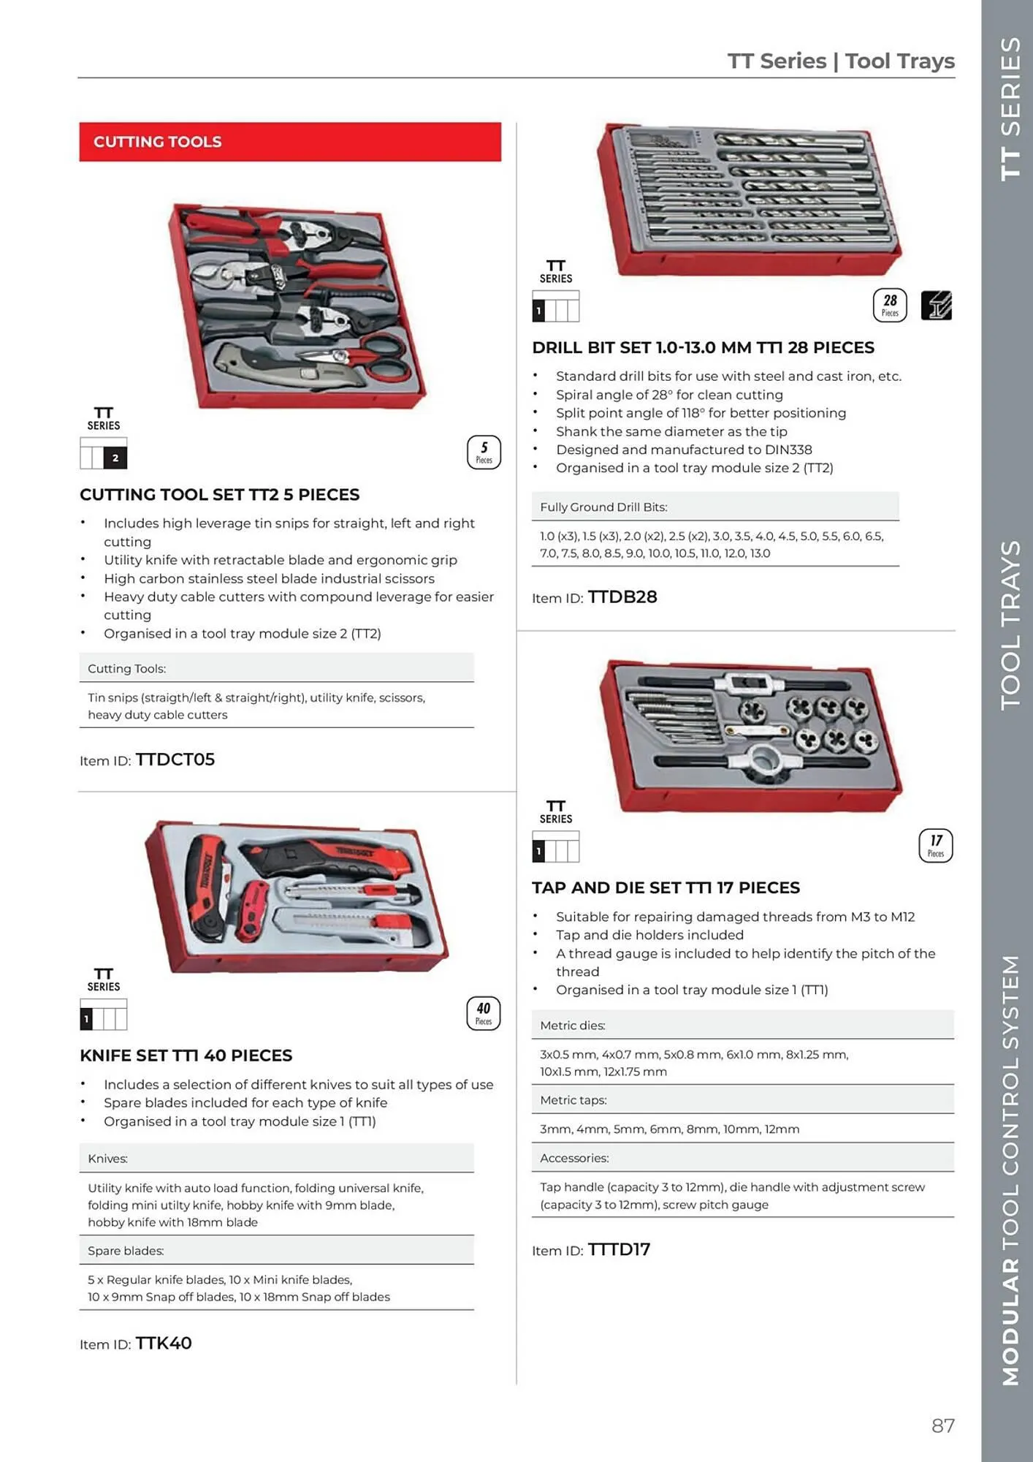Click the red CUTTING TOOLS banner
(290, 142)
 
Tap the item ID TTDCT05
(175, 760)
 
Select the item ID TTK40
(164, 1343)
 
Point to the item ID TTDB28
(622, 597)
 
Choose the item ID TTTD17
(619, 1249)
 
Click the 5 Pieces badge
(484, 452)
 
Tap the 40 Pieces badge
(484, 1013)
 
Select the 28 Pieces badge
(890, 305)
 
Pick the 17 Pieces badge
(935, 846)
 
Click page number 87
(942, 1425)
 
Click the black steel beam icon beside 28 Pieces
(936, 306)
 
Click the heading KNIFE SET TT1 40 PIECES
(186, 1056)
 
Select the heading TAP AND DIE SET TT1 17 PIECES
(666, 887)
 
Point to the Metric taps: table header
(573, 1099)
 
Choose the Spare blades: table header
(126, 1251)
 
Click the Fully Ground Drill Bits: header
(603, 507)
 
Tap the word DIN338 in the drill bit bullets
(788, 450)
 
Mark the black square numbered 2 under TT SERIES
(115, 458)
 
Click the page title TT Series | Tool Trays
(841, 61)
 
